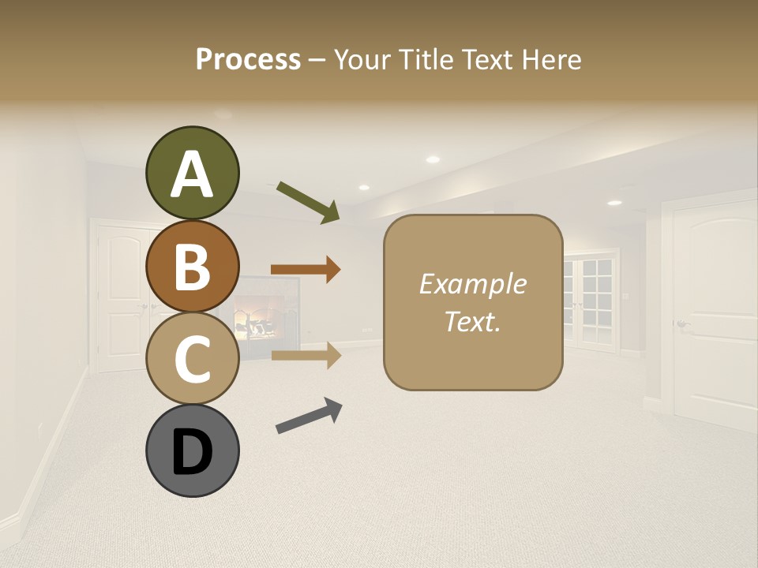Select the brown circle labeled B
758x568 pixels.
pos(192,266)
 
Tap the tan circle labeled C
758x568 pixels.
pos(192,358)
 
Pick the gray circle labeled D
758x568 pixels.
pos(192,451)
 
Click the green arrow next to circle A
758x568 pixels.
pos(307,202)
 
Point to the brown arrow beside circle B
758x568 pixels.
pos(306,270)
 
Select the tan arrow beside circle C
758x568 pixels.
pos(306,356)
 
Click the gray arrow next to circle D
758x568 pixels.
pos(309,416)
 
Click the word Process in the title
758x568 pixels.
pos(248,59)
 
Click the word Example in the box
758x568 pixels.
pos(472,284)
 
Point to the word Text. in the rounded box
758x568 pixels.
pos(472,321)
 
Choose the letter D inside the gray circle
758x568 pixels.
pos(192,453)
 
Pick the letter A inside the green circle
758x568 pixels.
pos(192,175)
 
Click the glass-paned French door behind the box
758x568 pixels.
pos(592,300)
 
